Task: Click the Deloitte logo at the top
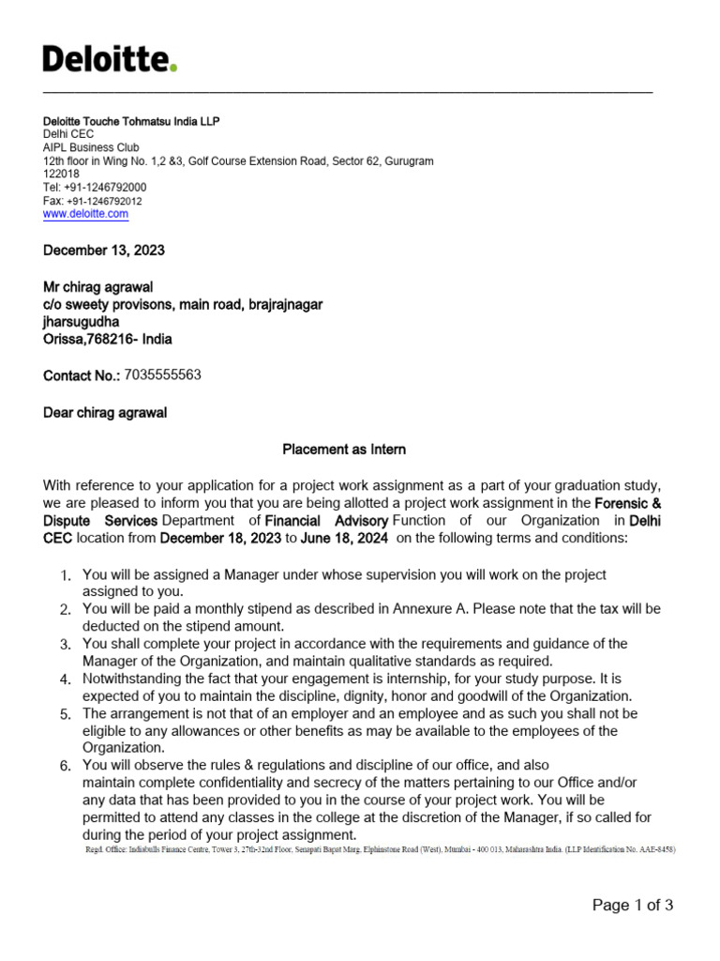pyautogui.click(x=110, y=60)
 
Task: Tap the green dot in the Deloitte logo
pyautogui.click(x=173, y=69)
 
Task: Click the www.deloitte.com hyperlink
pyautogui.click(x=85, y=214)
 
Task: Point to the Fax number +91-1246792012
pyautogui.click(x=104, y=201)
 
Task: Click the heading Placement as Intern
pyautogui.click(x=344, y=450)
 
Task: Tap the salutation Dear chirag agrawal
pyautogui.click(x=105, y=413)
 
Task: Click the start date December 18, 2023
pyautogui.click(x=216, y=539)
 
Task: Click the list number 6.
pyautogui.click(x=66, y=767)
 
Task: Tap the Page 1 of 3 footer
pyautogui.click(x=632, y=905)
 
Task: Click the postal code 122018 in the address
pyautogui.click(x=62, y=175)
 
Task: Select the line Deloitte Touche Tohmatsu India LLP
pyautogui.click(x=132, y=122)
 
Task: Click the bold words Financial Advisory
pyautogui.click(x=326, y=521)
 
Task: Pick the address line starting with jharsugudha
pyautogui.click(x=82, y=322)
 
